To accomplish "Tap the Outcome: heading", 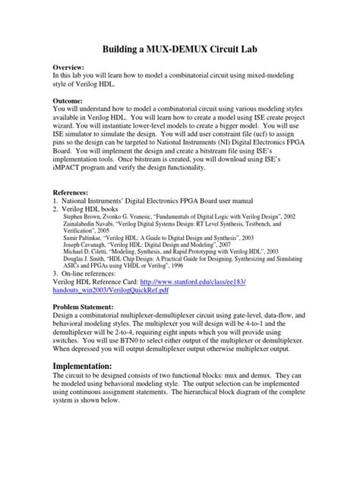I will point(74,100).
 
